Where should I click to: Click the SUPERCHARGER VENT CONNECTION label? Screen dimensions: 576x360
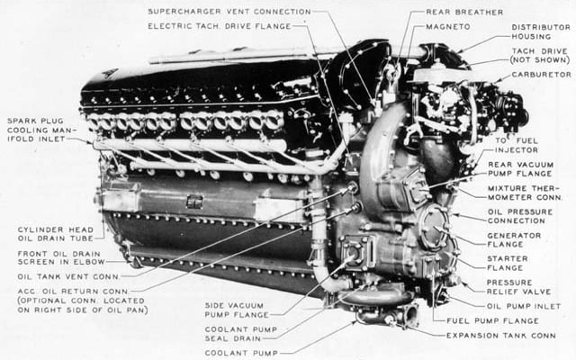229,12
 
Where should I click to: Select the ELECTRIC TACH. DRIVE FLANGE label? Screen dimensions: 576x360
220,26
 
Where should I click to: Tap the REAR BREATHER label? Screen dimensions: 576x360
464,12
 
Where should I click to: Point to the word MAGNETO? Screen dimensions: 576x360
448,27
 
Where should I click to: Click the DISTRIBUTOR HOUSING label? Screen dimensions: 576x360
541,32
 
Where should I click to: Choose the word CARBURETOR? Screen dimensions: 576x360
542,75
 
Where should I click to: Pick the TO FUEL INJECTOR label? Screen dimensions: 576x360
517,146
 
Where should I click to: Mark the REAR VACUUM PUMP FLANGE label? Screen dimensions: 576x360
520,169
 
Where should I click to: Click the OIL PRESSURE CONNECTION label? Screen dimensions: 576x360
520,216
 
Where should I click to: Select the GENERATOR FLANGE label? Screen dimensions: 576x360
514,240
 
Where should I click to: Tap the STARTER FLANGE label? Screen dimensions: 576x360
508,264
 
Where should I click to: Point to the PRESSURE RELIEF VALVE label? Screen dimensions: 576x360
518,287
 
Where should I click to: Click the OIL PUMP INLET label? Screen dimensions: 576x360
524,306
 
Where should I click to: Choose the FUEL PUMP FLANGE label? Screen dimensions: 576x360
492,321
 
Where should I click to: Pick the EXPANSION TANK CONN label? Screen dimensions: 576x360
500,336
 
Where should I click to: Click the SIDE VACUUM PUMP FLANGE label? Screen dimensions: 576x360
237,310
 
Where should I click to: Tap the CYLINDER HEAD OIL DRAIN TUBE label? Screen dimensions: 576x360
56,234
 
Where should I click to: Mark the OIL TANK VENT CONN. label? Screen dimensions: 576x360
68,277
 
